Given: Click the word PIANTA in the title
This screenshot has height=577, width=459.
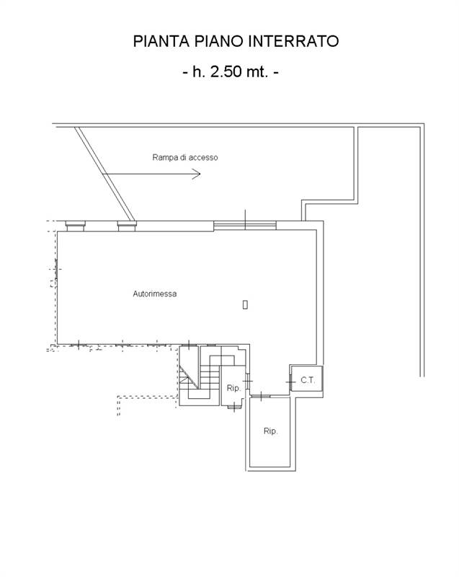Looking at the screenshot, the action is click(161, 41).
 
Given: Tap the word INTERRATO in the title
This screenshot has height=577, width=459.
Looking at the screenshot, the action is click(293, 41).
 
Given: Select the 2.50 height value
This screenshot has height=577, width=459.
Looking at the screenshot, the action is click(226, 71).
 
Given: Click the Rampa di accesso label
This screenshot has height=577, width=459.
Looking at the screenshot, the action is click(185, 157).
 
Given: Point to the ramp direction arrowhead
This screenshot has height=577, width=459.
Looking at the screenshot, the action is click(196, 174).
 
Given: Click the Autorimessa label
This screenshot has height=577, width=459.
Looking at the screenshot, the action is click(155, 294).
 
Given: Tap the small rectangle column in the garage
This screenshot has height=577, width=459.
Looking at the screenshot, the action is click(245, 304).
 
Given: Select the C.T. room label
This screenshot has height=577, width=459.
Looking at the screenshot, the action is click(308, 380).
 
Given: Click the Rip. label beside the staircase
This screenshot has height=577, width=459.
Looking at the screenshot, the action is click(233, 388).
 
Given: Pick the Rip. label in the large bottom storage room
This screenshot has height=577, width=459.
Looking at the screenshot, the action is click(270, 431).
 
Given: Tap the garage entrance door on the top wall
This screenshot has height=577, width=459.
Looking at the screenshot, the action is click(245, 225).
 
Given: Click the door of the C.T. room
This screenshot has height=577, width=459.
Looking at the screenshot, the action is click(290, 382).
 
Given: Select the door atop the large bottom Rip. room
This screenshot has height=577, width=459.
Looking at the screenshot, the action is click(261, 396).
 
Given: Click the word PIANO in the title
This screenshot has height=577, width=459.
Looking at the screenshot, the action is click(219, 41).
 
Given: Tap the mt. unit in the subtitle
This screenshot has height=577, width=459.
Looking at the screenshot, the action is click(257, 71).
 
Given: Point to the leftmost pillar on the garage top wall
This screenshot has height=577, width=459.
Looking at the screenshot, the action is click(76, 226).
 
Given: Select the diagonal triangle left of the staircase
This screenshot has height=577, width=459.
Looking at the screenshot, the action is click(189, 376).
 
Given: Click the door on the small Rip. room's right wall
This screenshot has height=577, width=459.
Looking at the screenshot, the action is click(248, 381).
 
